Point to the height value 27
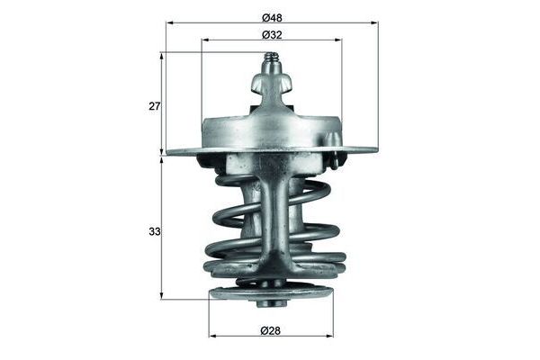point(155,106)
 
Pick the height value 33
point(155,231)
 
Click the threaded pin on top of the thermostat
point(270,66)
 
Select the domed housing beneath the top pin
point(270,126)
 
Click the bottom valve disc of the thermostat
point(270,293)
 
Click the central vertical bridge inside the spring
point(270,216)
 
